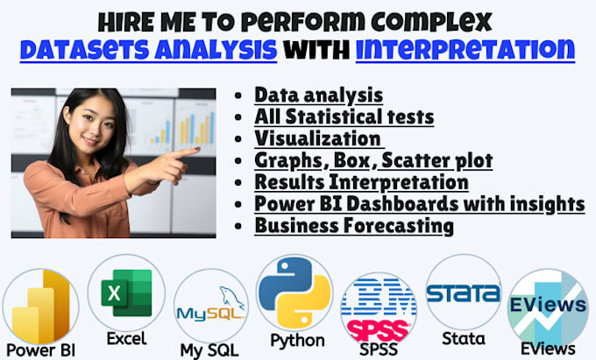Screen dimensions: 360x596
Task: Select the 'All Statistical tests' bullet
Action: pos(344,117)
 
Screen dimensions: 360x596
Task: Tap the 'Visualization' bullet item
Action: pos(318,138)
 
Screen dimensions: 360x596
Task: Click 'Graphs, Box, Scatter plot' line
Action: pos(373,160)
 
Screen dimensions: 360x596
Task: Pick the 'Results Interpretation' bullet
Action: pos(361,182)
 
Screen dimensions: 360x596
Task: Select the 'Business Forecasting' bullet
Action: pos(354,225)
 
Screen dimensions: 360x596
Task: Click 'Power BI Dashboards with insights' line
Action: pos(419,203)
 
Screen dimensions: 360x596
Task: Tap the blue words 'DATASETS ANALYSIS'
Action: pos(148,49)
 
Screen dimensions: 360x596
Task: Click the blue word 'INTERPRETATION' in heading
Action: pos(465,49)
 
